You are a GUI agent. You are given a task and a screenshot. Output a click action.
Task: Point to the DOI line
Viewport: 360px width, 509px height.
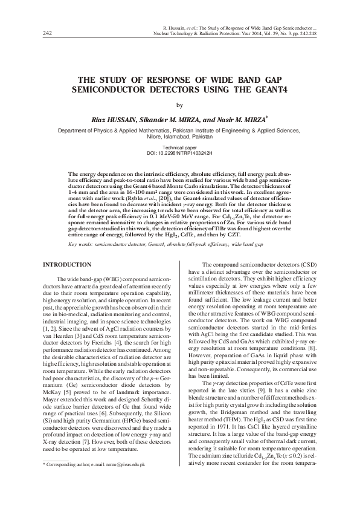click(x=180, y=153)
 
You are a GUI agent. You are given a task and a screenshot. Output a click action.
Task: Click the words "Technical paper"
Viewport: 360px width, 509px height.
click(x=180, y=148)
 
